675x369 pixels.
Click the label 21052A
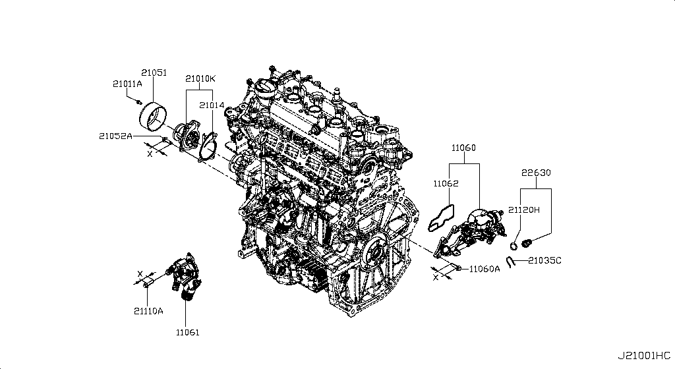[116, 136]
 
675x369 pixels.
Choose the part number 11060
[464, 149]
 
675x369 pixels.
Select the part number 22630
[536, 173]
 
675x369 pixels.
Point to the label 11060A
[485, 269]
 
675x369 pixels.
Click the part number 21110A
[148, 310]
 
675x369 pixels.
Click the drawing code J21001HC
[644, 356]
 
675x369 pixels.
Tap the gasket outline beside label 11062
[442, 217]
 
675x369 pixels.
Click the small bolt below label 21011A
[135, 101]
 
